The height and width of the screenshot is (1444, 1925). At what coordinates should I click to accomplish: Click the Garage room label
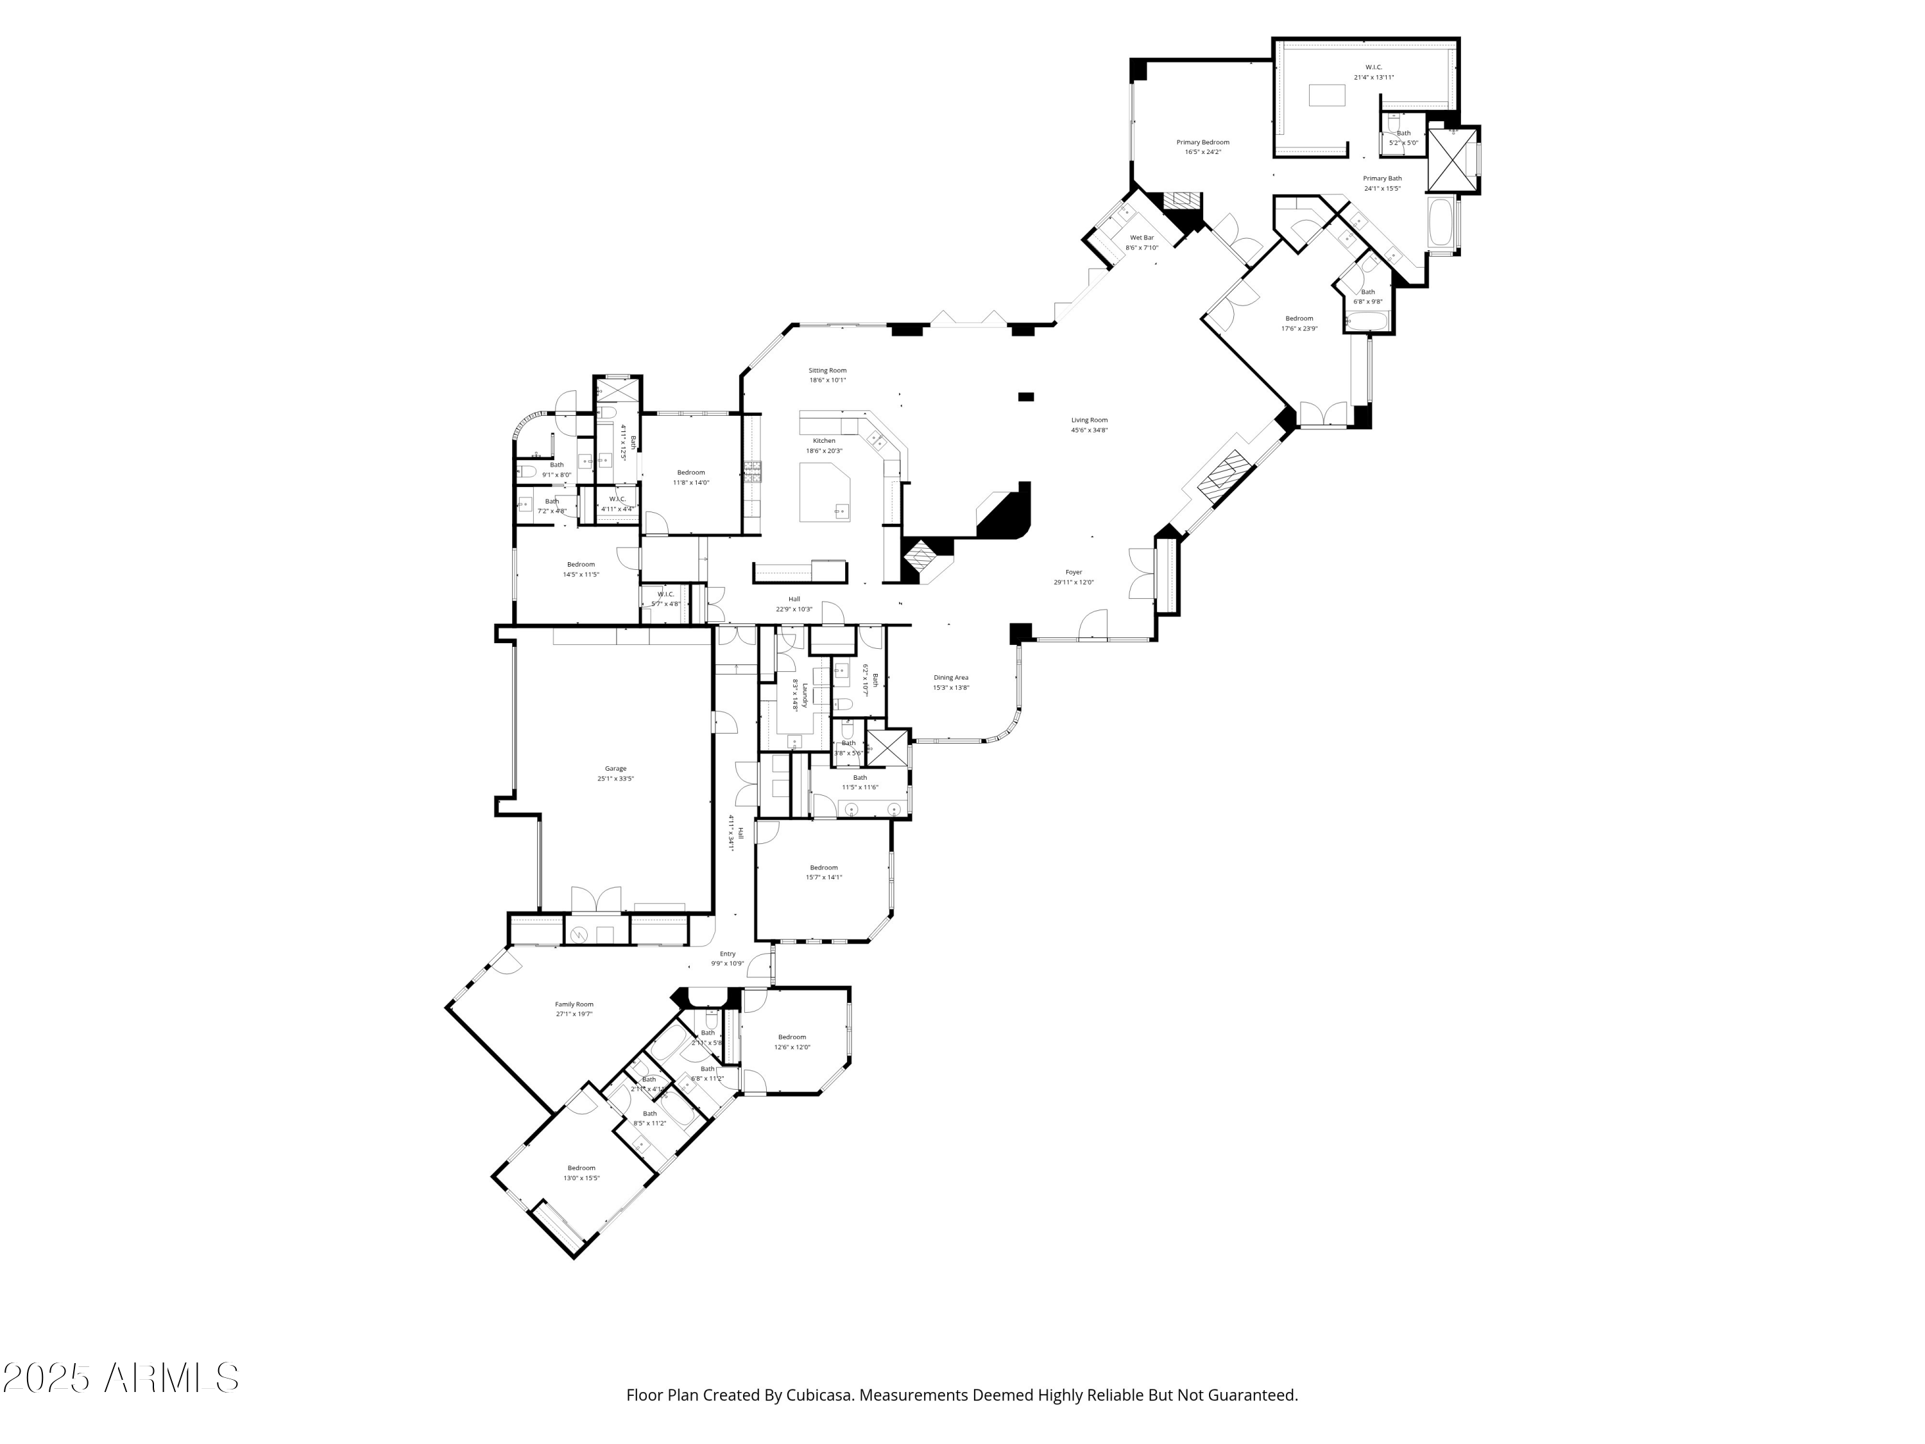tap(615, 769)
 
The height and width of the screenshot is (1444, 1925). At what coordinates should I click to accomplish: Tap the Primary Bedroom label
tap(1202, 142)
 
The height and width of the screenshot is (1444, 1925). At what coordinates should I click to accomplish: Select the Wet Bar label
tap(1142, 237)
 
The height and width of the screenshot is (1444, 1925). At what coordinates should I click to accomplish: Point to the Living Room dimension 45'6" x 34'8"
tap(1089, 430)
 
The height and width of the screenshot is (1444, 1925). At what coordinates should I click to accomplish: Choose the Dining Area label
tap(950, 677)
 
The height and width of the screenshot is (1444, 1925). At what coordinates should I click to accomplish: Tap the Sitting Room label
tap(826, 370)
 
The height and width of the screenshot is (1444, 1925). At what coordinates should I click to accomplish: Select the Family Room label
tap(574, 1004)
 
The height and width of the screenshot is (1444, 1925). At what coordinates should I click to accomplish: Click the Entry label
tap(728, 953)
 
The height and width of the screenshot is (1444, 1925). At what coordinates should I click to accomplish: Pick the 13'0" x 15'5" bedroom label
tap(581, 1173)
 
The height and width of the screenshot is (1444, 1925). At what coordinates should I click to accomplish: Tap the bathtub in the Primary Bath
tap(1441, 224)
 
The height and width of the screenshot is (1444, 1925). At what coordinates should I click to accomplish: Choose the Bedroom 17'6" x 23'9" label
tap(1299, 323)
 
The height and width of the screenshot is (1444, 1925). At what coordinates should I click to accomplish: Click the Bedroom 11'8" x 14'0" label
tap(691, 477)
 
